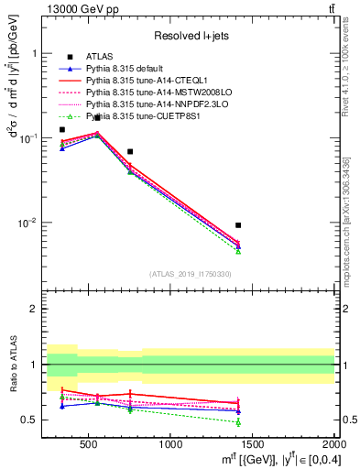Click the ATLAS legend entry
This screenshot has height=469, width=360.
point(99,57)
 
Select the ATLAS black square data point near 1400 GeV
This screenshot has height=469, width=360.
point(238,224)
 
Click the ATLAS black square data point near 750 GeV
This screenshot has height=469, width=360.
point(130,151)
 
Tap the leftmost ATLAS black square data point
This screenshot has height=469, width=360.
point(62,129)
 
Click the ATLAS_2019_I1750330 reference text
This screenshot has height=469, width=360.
point(190,274)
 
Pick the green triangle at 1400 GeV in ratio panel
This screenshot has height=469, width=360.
point(238,422)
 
